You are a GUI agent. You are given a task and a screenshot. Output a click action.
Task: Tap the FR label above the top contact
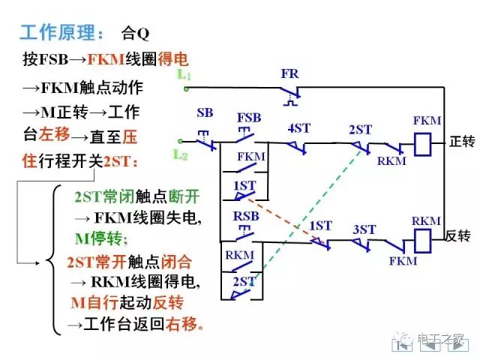point(290,74)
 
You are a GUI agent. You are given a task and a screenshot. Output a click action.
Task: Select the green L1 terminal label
point(184,76)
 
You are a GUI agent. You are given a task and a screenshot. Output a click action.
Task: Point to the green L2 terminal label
point(180,154)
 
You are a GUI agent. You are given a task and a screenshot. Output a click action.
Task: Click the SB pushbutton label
point(204,113)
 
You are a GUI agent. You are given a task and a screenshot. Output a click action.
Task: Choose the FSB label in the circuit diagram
point(249,118)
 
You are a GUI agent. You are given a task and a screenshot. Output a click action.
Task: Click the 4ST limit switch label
point(298,128)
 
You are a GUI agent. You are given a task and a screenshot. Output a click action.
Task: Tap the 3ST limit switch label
point(364,229)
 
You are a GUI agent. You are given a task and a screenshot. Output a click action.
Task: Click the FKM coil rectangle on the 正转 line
point(422,141)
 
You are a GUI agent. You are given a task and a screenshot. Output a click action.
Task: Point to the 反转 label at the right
point(457,235)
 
